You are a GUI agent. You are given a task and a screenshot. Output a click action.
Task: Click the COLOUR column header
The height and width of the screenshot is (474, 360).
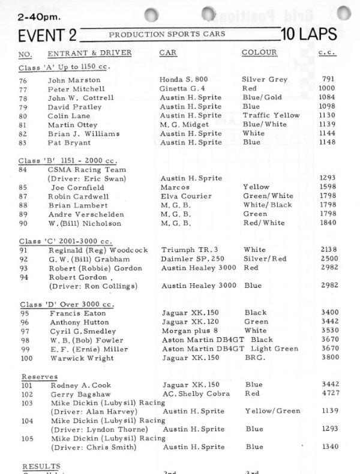(x=259, y=53)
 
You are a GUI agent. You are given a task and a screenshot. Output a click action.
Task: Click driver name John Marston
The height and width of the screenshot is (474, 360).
(x=73, y=79)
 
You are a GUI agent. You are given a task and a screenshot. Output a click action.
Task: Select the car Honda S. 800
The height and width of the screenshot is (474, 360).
(x=184, y=79)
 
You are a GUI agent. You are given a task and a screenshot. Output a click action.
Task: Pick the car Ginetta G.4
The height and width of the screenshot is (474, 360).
(x=183, y=88)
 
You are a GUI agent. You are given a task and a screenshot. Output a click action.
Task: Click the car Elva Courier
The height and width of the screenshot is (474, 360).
(x=185, y=196)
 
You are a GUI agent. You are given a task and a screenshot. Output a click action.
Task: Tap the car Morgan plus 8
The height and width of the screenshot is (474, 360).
(x=188, y=331)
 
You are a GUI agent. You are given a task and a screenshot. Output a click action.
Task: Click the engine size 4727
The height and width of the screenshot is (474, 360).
(x=329, y=394)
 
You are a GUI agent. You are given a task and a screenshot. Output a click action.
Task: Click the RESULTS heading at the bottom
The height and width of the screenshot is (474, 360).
(x=41, y=466)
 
